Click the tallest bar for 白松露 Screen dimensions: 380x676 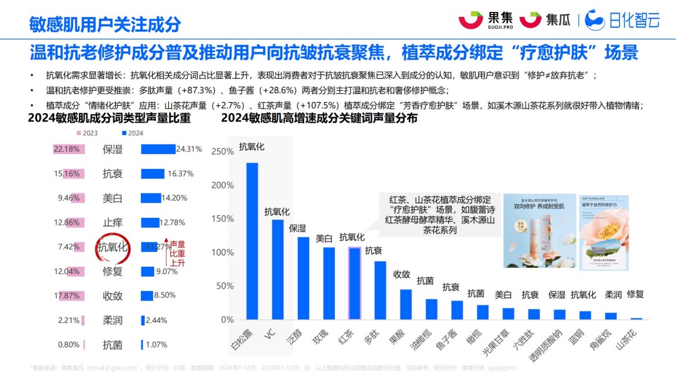point(252,241)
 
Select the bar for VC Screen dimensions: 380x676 point(277,269)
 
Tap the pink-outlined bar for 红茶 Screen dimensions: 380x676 point(354,284)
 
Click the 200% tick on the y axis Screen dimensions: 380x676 point(223,185)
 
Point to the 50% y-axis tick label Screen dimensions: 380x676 point(225,286)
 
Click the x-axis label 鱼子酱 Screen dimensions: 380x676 point(453,338)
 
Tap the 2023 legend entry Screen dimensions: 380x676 point(87,133)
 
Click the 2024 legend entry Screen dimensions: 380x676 point(132,133)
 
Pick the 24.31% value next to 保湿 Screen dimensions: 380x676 point(189,149)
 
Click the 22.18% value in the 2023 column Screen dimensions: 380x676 point(66,149)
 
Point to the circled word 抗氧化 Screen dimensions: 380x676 point(113,247)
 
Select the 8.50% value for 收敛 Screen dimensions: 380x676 point(165,295)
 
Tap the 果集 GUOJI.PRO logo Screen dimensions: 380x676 point(485,20)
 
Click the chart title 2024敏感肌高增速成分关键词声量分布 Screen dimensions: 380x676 point(319,118)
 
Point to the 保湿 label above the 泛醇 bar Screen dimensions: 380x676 point(297,229)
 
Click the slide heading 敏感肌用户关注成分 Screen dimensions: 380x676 point(105,24)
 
